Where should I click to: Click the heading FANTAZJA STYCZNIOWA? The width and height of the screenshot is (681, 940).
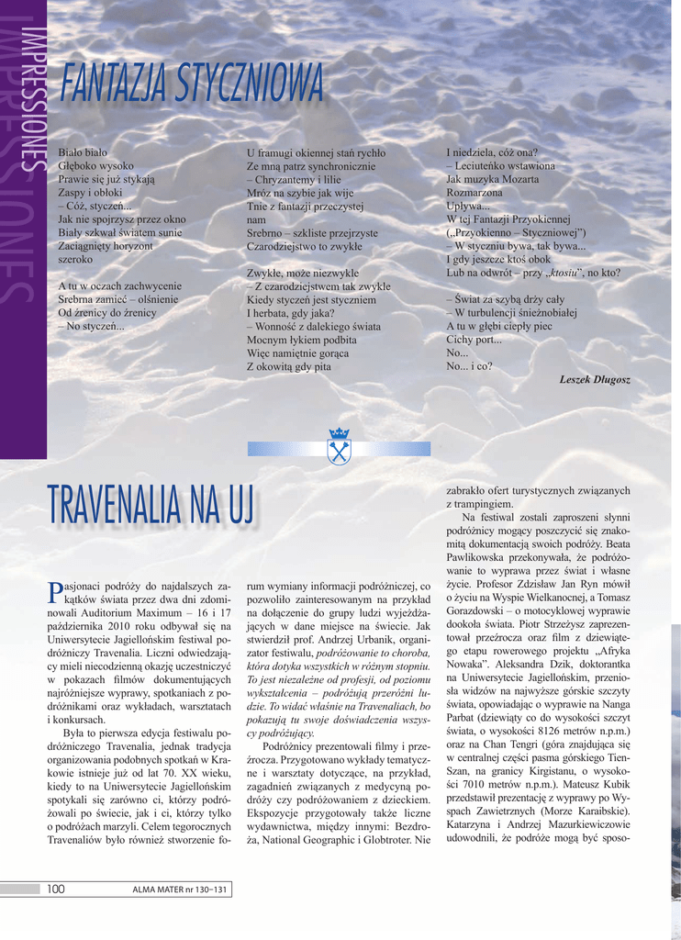click(x=192, y=85)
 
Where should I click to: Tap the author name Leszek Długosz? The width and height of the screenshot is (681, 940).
click(x=595, y=379)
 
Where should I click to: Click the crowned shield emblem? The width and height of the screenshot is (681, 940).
click(x=340, y=446)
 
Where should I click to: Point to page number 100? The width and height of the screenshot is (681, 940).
click(x=55, y=889)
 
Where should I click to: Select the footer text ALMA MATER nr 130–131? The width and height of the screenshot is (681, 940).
click(x=178, y=890)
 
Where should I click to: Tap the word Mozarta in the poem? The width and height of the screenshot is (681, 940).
click(x=518, y=180)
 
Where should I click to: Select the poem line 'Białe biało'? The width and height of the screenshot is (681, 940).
click(x=83, y=152)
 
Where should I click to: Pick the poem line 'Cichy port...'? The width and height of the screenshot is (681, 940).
click(x=474, y=339)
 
